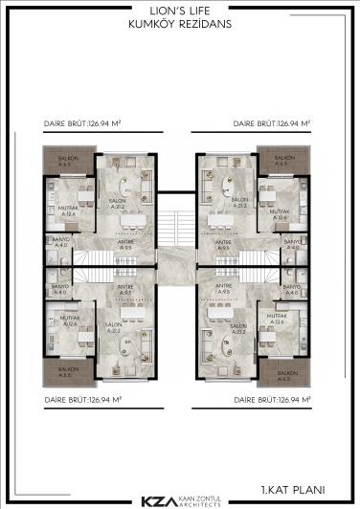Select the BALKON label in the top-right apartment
click(282, 158)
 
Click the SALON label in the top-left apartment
click(119, 201)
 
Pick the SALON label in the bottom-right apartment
click(240, 327)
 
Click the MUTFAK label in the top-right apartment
click(281, 214)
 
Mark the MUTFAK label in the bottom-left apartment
click(69, 319)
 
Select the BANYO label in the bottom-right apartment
click(292, 285)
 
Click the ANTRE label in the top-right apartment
click(223, 244)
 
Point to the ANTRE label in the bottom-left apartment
click(124, 287)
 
